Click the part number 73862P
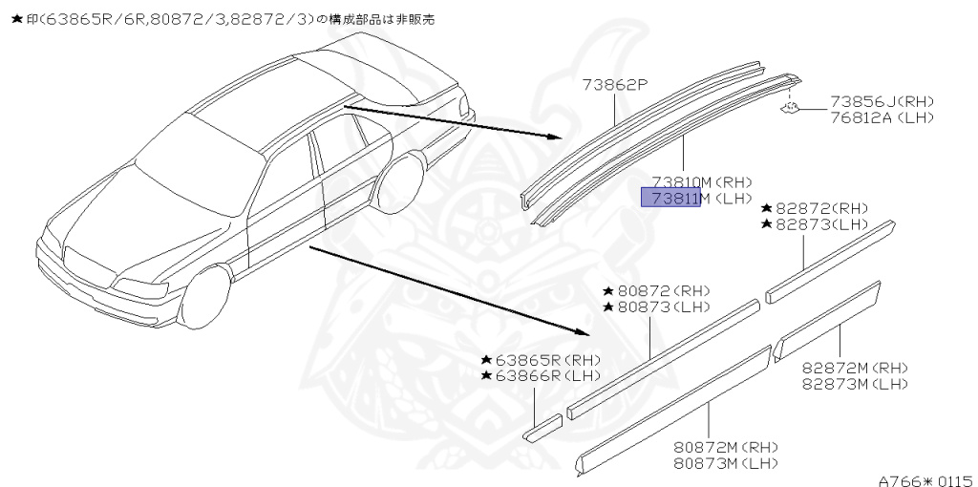click(616, 85)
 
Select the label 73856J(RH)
click(881, 102)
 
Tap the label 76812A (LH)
click(881, 117)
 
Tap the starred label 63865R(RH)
click(541, 360)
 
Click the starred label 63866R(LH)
click(541, 376)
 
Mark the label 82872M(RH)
click(854, 368)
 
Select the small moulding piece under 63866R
click(543, 427)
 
